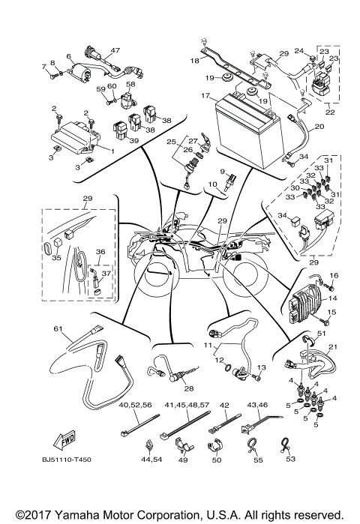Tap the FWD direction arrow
point(66,440)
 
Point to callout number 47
point(115,50)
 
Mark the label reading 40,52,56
point(135,405)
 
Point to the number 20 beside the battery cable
point(319,127)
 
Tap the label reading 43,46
point(259,405)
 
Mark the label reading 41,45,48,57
point(185,405)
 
